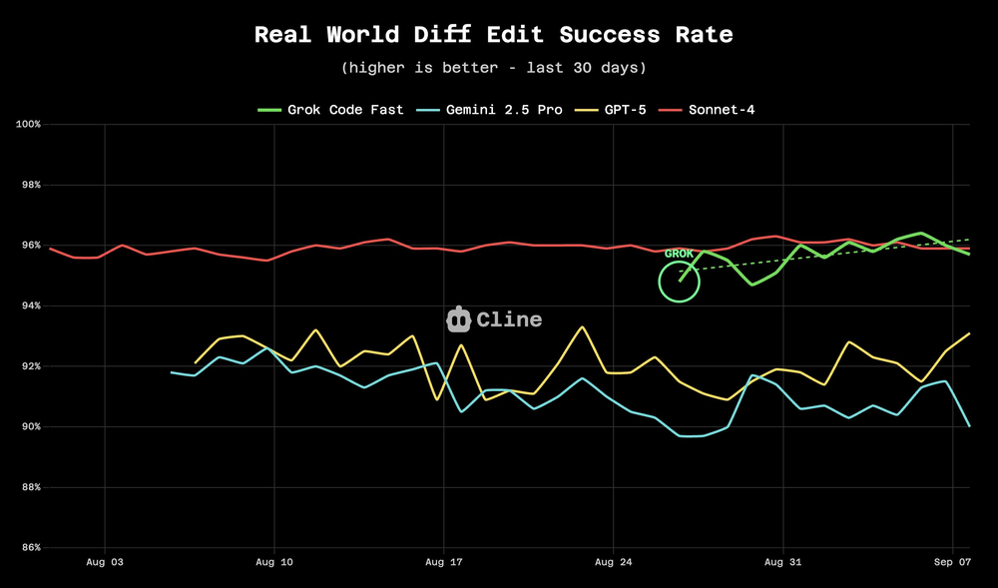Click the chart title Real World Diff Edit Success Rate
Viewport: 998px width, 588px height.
(493, 35)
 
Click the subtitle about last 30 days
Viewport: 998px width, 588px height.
(493, 68)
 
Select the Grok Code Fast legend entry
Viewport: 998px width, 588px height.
(331, 109)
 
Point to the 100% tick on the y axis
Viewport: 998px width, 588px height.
(27, 125)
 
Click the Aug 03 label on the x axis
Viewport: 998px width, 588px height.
(105, 562)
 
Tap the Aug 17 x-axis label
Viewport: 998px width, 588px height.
(444, 562)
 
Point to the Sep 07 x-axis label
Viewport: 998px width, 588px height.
(953, 562)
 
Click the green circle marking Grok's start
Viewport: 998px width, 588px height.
(680, 282)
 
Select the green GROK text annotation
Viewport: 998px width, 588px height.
(679, 254)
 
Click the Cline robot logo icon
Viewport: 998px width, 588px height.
(458, 319)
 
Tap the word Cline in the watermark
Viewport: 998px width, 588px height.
(509, 319)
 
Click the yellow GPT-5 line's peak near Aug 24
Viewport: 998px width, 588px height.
(583, 327)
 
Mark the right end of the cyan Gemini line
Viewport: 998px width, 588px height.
(968, 425)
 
